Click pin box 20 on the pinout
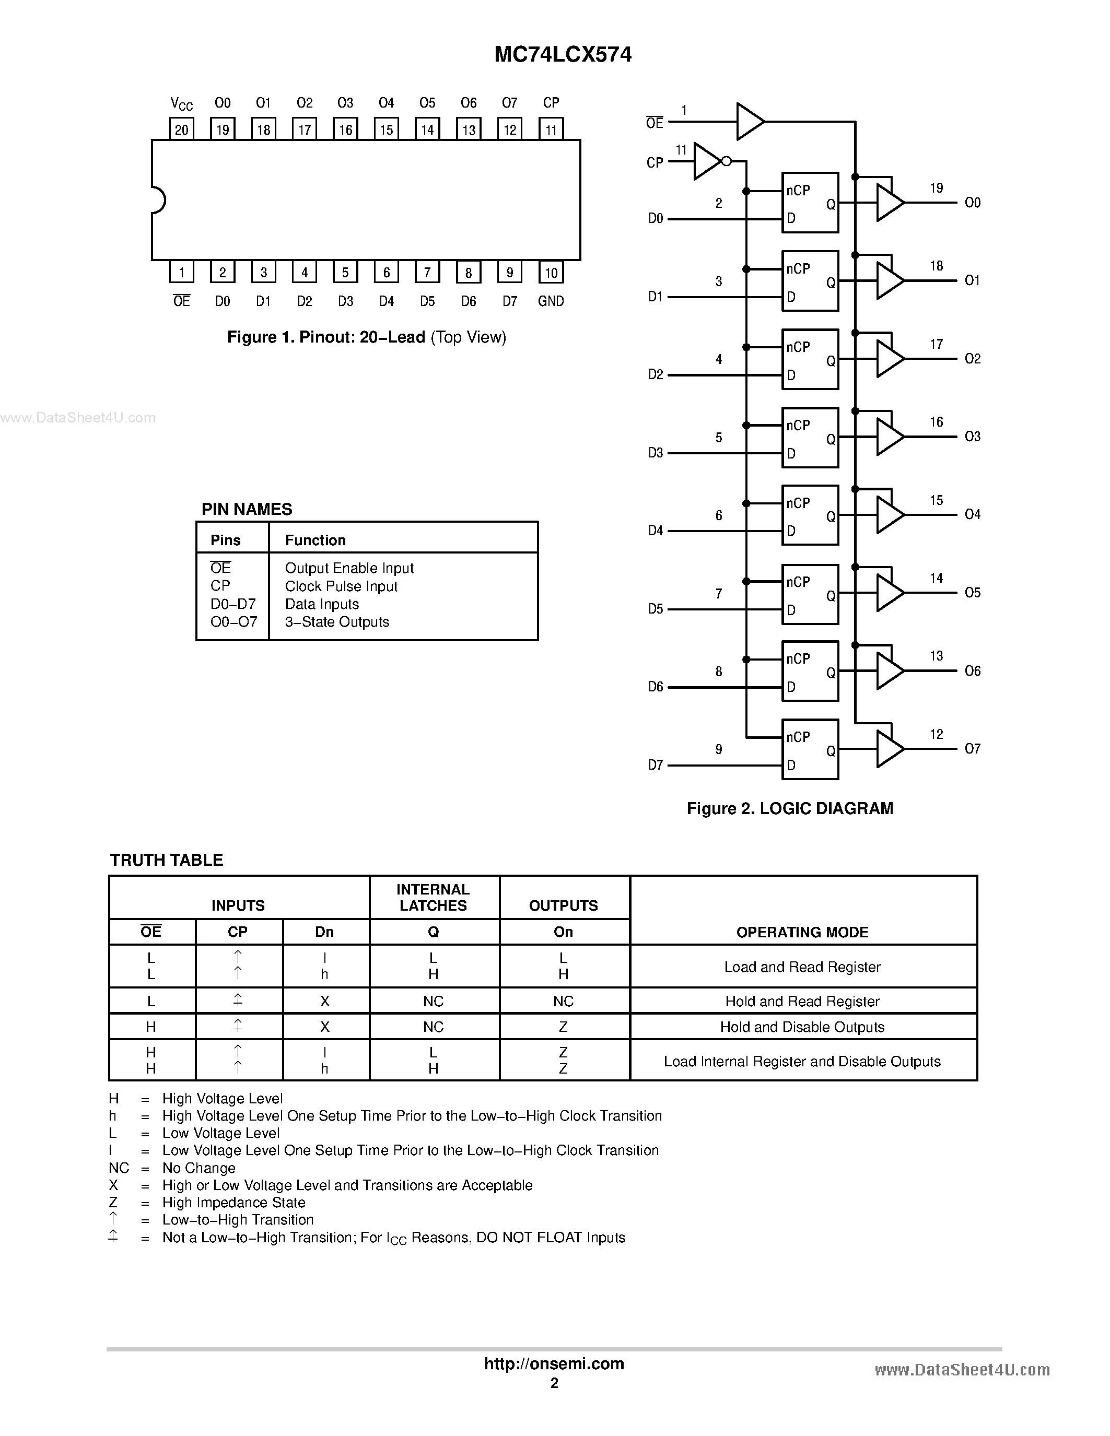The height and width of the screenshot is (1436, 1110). pos(181,129)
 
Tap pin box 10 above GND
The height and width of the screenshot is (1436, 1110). pos(551,272)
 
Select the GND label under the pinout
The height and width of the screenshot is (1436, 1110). pos(551,301)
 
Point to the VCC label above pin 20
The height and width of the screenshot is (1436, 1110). pos(181,103)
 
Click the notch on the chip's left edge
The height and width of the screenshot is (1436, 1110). pos(158,200)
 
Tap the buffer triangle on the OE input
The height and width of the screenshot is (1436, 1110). pos(749,122)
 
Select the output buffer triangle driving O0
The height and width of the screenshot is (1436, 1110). pos(889,203)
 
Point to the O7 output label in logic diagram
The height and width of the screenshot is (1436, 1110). pos(972,749)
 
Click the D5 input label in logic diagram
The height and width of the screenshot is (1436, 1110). pos(656,609)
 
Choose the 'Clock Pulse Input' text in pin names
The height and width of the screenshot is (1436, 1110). pos(341,586)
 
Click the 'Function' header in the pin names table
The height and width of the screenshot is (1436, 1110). pos(316,540)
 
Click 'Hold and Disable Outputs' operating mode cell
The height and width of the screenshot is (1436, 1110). pos(802,1027)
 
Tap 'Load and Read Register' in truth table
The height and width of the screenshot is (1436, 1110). pos(802,967)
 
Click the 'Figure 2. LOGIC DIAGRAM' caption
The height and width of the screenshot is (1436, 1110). pos(790,809)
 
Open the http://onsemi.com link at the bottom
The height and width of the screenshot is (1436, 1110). pos(554,1363)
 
